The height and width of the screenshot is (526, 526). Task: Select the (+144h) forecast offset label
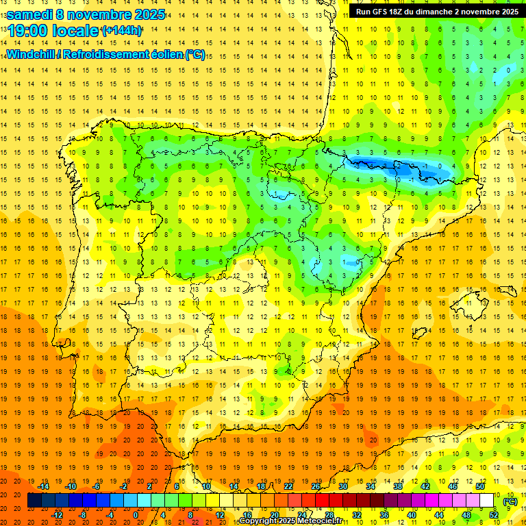[x=121, y=31]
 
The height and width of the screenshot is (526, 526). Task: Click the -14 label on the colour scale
[x=44, y=486]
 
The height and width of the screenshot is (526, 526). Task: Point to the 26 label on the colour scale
[x=316, y=486]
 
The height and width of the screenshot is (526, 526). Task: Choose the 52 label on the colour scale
[x=494, y=515]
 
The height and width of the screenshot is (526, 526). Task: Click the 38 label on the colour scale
[x=398, y=486]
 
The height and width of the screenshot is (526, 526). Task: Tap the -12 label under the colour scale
[x=58, y=515]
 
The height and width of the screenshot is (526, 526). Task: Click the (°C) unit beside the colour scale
[x=510, y=501]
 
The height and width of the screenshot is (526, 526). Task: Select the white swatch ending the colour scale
[x=487, y=501]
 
